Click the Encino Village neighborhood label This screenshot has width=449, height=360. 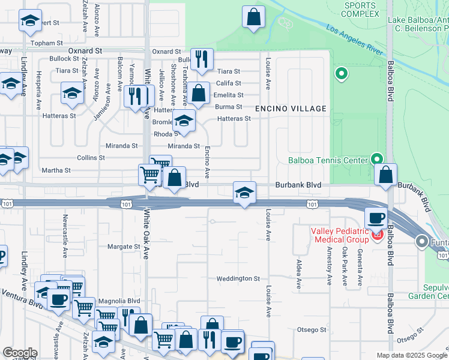(x=291, y=109)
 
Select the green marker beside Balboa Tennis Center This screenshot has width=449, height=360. (x=377, y=159)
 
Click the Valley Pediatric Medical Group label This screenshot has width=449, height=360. (x=339, y=236)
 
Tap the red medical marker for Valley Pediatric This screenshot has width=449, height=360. (x=377, y=233)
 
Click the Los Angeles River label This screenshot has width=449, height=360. (x=355, y=40)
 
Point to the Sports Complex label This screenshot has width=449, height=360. (x=361, y=10)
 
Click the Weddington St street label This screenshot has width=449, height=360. (x=238, y=278)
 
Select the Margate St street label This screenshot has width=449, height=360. (x=123, y=246)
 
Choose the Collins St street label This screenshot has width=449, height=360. (x=91, y=158)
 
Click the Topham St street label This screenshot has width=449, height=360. (x=47, y=43)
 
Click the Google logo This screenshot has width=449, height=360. (x=19, y=352)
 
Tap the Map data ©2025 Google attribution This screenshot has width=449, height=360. (x=411, y=355)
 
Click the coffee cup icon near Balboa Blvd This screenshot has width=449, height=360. (x=376, y=218)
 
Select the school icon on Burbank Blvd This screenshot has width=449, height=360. (x=244, y=193)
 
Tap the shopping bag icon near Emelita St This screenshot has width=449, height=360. (x=198, y=94)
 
